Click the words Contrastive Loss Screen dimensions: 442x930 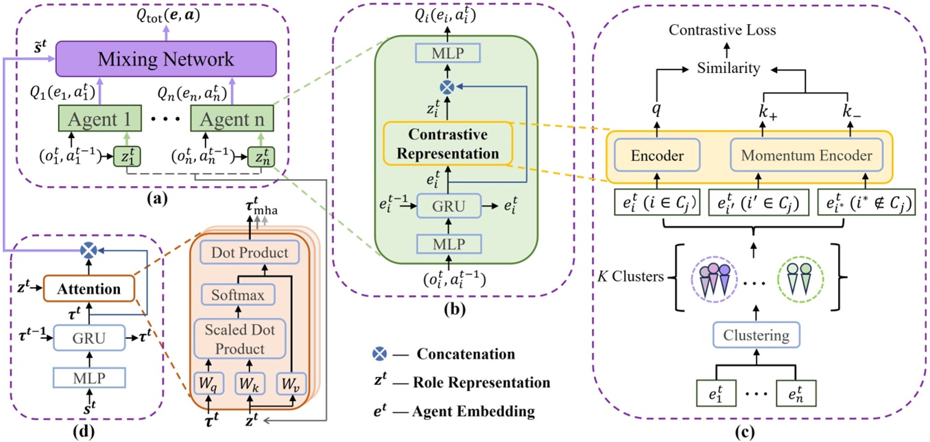(x=722, y=30)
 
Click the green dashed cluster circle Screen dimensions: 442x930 (x=801, y=276)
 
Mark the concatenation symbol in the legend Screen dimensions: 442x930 (x=377, y=355)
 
